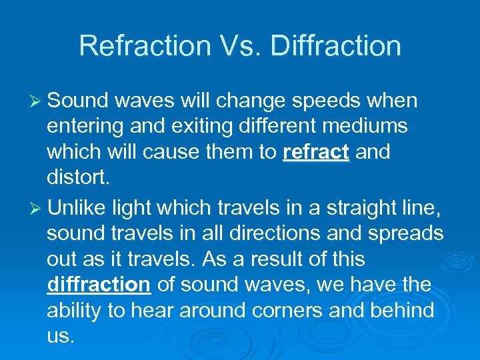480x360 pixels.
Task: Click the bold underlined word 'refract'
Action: pyautogui.click(x=316, y=152)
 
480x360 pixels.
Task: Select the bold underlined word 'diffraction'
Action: pyautogui.click(x=99, y=285)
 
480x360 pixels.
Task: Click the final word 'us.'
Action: pyautogui.click(x=59, y=336)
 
